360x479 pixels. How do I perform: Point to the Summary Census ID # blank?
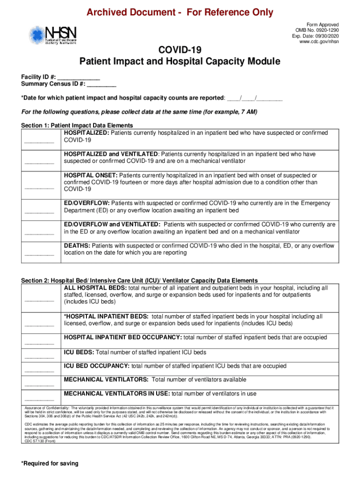click(x=101, y=84)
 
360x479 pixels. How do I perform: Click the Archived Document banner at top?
click(x=180, y=12)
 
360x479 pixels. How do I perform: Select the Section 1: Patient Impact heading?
click(x=77, y=126)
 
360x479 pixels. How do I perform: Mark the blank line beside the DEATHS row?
click(x=39, y=254)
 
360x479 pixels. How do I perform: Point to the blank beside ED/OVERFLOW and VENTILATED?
click(x=39, y=233)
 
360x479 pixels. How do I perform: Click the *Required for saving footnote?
click(x=50, y=464)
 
